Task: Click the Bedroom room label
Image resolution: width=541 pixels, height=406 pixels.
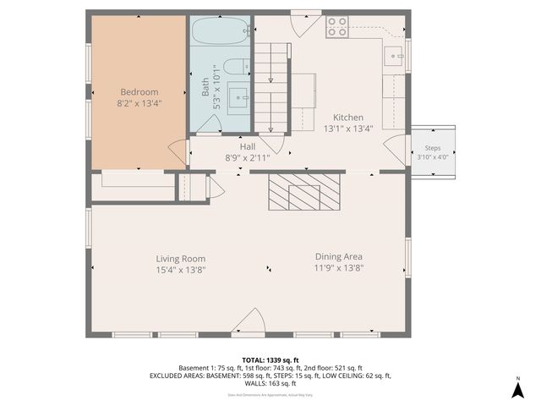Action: (139, 92)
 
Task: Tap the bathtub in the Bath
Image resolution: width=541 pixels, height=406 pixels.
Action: (219, 33)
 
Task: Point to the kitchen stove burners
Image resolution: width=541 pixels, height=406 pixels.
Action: (337, 27)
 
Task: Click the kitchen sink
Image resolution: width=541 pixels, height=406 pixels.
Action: (394, 57)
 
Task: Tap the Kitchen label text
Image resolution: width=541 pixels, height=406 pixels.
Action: (347, 118)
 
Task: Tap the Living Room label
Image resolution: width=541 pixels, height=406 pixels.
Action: (180, 259)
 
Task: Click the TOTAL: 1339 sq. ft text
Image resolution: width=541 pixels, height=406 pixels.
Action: (270, 359)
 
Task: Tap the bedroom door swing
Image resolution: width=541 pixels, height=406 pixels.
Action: (178, 153)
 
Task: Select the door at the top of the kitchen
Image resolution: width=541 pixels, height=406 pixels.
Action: (301, 25)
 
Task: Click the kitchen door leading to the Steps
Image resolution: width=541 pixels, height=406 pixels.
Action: (395, 151)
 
